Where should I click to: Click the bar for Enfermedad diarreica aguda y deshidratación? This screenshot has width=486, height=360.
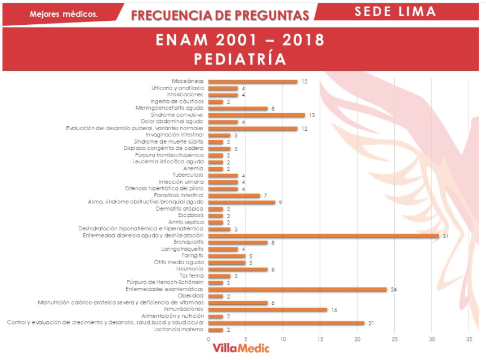pos(323,235)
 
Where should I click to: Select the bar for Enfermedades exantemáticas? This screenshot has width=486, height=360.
pos(297,290)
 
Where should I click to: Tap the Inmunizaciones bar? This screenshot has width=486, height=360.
pos(267,309)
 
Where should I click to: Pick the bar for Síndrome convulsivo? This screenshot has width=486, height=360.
pos(256,115)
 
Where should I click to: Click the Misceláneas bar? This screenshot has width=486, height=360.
pos(253,82)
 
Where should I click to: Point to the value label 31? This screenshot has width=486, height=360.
pos(445,235)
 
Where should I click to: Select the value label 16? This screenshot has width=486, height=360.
pos(333,309)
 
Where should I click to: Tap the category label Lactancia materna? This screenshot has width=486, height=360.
pos(179,330)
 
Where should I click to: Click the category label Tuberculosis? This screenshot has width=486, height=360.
pos(189,175)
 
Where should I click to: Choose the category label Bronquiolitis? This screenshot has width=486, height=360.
pos(188,242)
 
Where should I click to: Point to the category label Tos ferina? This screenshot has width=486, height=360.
pos(191,276)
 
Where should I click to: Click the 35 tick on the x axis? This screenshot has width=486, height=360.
pos(469,339)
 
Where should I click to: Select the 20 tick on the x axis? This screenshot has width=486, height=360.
pos(357,339)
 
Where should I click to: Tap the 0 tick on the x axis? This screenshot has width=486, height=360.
pos(208,339)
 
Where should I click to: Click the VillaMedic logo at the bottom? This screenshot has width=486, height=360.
pos(240,348)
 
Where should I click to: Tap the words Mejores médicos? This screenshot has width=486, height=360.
pos(64,14)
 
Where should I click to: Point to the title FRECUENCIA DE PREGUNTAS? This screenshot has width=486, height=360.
pos(220,15)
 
